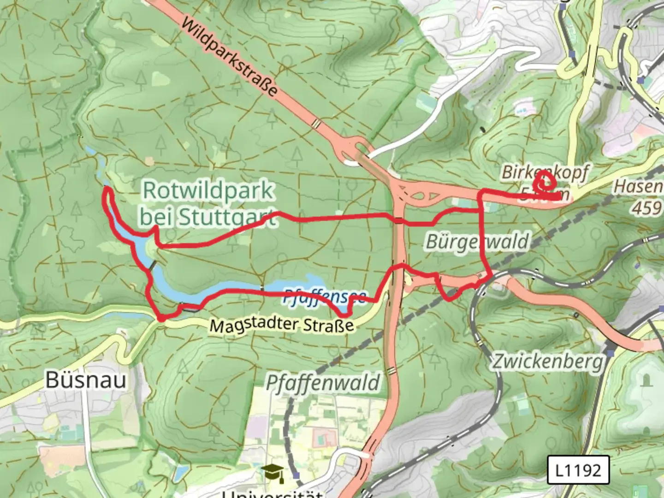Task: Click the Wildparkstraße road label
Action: pyautogui.click(x=229, y=57)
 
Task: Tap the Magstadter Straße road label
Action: pyautogui.click(x=281, y=325)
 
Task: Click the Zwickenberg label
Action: pyautogui.click(x=547, y=361)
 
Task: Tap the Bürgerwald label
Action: pyautogui.click(x=477, y=242)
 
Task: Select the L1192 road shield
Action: pyautogui.click(x=578, y=470)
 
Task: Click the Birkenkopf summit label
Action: pyautogui.click(x=545, y=172)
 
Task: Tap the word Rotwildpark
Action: pyautogui.click(x=208, y=190)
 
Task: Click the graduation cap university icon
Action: pyautogui.click(x=273, y=472)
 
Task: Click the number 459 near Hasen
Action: pyautogui.click(x=647, y=208)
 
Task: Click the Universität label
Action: pyautogui.click(x=272, y=494)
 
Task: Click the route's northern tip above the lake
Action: pyautogui.click(x=107, y=189)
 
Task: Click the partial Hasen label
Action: pyautogui.click(x=638, y=187)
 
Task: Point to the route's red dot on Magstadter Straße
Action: pyautogui.click(x=161, y=318)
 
